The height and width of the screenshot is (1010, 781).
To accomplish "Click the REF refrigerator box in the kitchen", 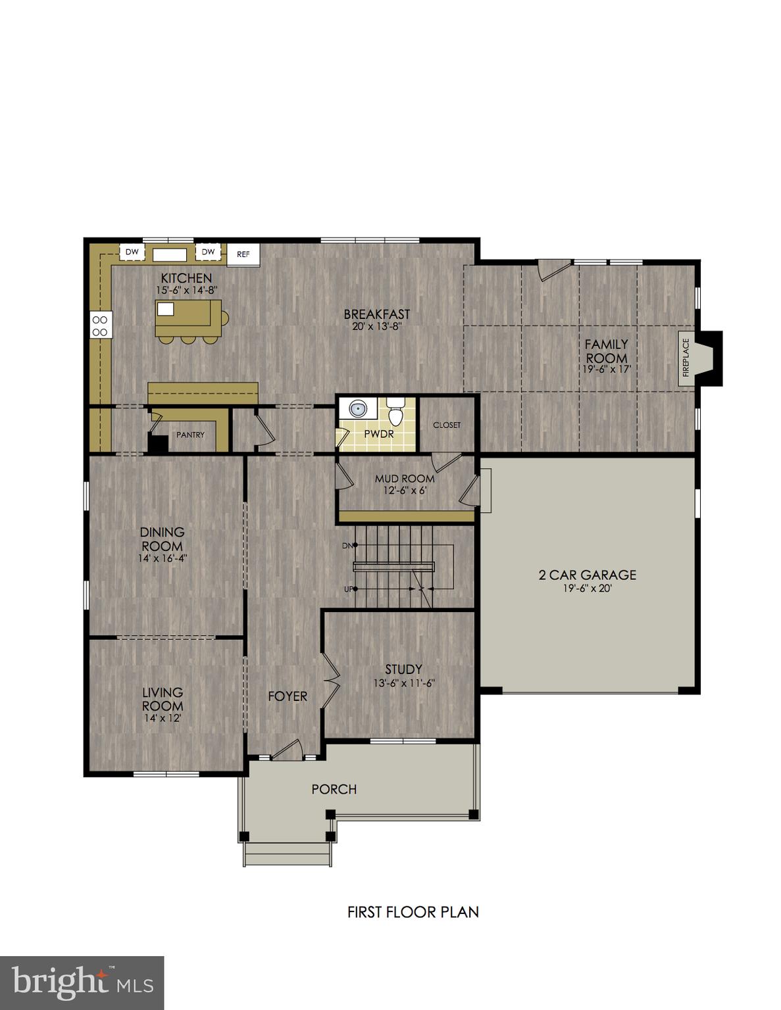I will [x=243, y=254].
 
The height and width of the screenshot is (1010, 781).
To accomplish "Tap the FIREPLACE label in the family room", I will [x=686, y=358].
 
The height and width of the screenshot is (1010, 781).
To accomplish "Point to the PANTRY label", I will [x=190, y=435].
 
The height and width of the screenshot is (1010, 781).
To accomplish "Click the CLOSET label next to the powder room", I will [x=447, y=425].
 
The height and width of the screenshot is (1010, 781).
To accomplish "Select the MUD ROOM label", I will [x=405, y=479].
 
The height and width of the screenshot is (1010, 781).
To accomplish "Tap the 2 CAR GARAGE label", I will [x=588, y=575].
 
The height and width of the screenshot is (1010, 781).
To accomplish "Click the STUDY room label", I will [x=403, y=669].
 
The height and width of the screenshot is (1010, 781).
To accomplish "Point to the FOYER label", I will [x=288, y=696].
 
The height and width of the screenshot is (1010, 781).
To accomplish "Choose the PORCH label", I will [x=334, y=789].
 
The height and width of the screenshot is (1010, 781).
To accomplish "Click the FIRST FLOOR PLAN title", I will [x=413, y=912].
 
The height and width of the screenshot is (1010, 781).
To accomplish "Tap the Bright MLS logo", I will [x=82, y=983].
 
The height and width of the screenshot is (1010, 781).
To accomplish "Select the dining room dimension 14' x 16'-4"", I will [x=163, y=558].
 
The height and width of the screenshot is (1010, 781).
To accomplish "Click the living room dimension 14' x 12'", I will [x=163, y=718].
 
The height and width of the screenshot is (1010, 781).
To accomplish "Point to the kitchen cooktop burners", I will [x=101, y=325].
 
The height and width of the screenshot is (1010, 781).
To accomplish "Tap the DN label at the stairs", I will [x=347, y=546].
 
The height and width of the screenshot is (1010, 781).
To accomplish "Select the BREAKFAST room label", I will [x=376, y=314].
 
